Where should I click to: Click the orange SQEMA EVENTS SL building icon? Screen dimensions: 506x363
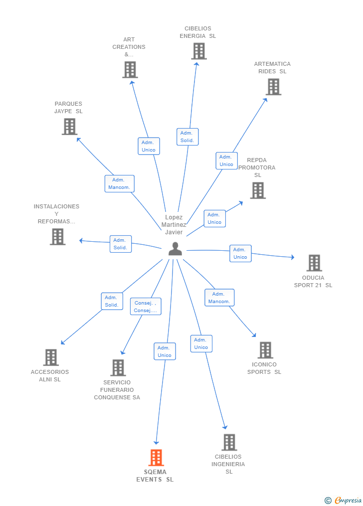click(156, 457)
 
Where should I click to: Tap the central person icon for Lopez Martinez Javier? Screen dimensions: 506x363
click(175, 248)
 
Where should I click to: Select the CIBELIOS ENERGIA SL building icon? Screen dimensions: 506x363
click(198, 51)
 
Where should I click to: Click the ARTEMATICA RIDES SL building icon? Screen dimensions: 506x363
click(273, 87)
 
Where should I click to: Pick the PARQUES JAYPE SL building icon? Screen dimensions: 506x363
click(69, 127)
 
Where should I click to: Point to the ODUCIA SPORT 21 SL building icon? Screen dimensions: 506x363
click(314, 263)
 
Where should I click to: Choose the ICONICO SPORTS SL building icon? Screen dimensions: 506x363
click(265, 350)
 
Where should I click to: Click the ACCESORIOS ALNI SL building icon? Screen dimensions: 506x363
click(51, 357)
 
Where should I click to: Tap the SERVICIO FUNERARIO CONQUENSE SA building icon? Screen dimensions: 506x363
click(118, 368)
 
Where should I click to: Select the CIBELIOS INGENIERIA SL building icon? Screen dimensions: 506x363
click(229, 442)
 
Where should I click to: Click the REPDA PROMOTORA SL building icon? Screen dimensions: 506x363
click(257, 190)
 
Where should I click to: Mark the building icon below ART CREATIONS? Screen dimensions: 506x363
click(130, 70)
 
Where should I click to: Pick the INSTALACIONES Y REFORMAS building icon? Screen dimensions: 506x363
click(58, 236)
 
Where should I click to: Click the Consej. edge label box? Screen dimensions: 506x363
click(146, 307)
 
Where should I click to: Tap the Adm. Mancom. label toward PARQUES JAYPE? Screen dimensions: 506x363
click(119, 183)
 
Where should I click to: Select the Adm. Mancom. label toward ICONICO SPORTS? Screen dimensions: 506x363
click(219, 298)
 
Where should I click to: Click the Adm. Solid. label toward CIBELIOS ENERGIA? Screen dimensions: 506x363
click(187, 137)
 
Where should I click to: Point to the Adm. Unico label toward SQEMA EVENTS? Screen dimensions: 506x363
click(164, 351)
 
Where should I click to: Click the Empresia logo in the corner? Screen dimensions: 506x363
click(344, 500)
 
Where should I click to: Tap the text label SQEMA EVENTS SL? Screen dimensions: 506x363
click(155, 476)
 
